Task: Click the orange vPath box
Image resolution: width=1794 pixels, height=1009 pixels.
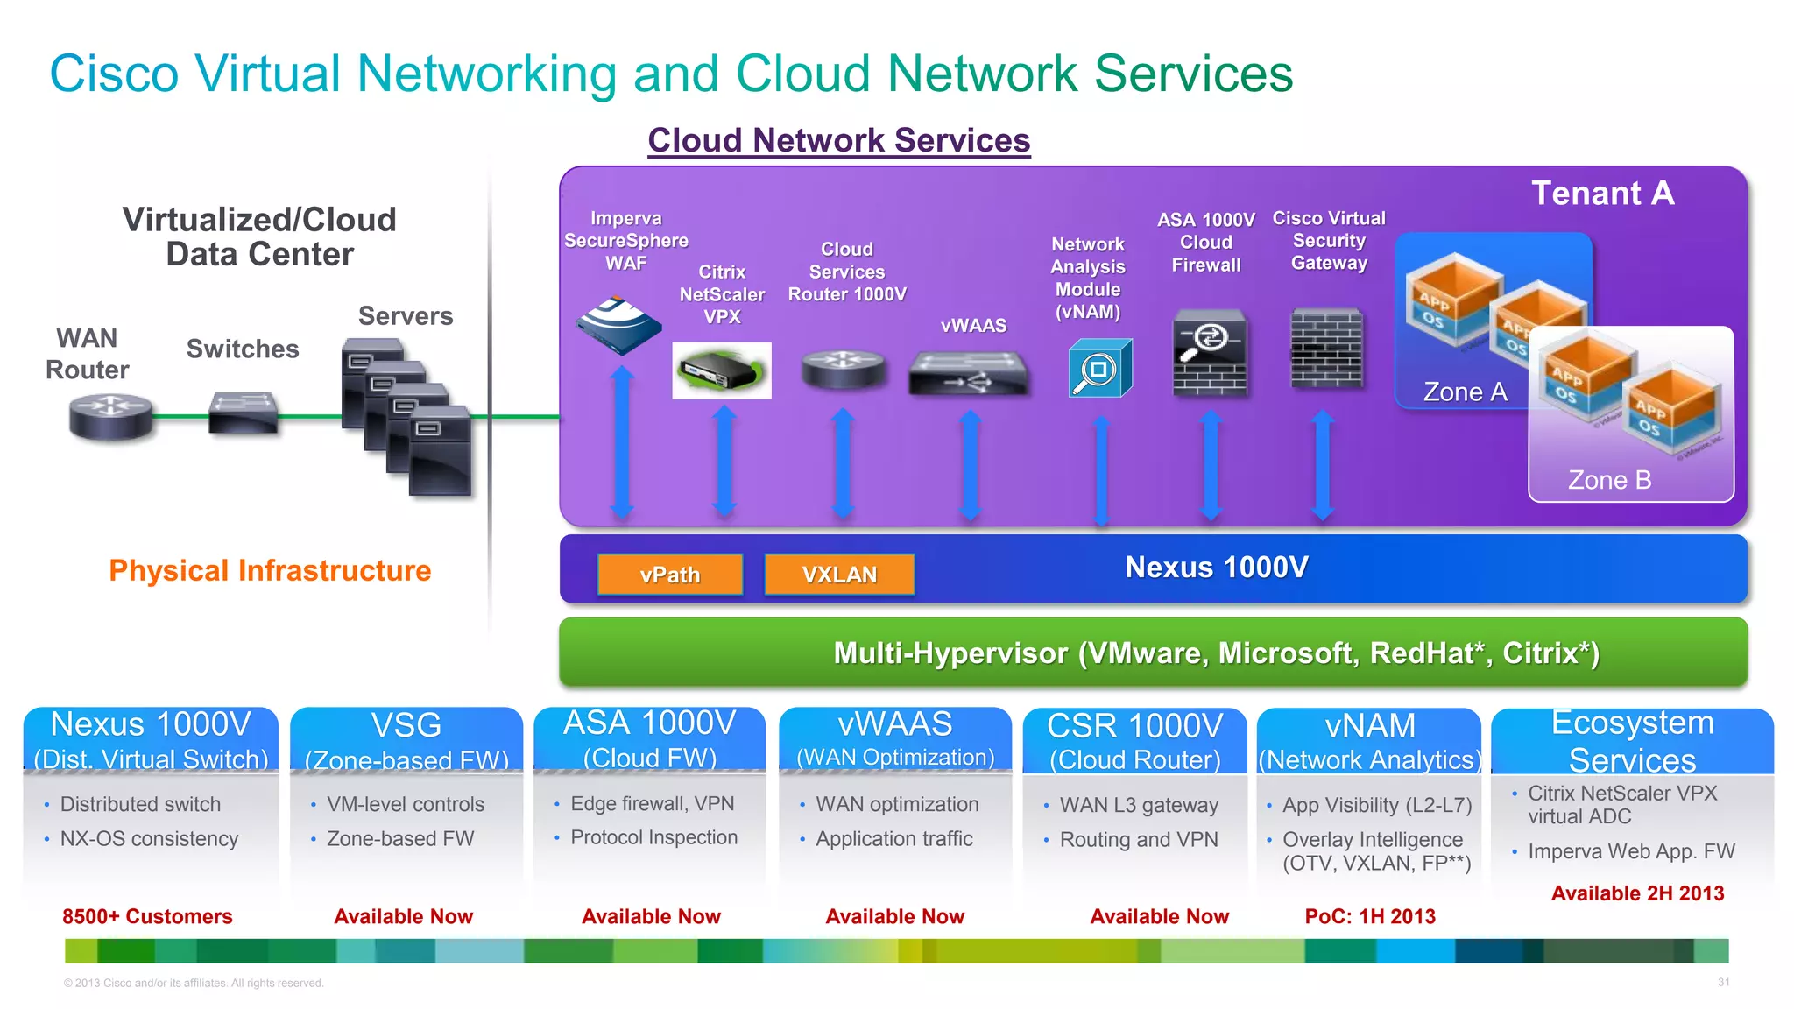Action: [670, 575]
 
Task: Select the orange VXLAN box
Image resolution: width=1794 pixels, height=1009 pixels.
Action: [839, 575]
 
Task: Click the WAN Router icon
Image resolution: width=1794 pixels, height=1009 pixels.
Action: [110, 417]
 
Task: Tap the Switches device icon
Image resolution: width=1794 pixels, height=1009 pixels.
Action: [244, 413]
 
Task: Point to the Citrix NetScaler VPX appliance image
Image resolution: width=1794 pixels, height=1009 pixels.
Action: [721, 370]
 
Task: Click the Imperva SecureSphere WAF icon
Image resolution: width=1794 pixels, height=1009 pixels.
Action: [618, 325]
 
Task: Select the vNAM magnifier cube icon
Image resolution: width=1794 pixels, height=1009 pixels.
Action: [1100, 368]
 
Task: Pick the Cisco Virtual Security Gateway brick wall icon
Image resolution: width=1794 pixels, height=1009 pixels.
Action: [1327, 348]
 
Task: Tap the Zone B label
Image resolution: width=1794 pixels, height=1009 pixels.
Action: [1609, 480]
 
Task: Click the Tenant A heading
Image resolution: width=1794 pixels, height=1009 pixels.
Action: [1602, 193]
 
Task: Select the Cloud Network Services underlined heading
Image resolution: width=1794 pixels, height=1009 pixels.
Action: [838, 140]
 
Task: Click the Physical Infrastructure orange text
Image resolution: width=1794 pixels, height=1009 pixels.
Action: [270, 571]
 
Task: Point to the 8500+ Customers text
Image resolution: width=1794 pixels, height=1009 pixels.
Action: [147, 916]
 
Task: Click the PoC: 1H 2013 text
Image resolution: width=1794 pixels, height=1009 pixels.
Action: [1370, 916]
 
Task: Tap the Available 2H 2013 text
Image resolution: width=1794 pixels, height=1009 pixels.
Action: [1637, 893]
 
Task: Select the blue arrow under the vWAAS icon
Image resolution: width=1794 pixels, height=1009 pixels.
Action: [970, 464]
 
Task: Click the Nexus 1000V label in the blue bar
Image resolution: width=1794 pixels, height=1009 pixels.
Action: [1216, 568]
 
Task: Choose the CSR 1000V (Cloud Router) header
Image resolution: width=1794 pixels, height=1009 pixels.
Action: [1134, 742]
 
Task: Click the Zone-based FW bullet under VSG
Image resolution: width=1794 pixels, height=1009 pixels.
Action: [400, 839]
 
